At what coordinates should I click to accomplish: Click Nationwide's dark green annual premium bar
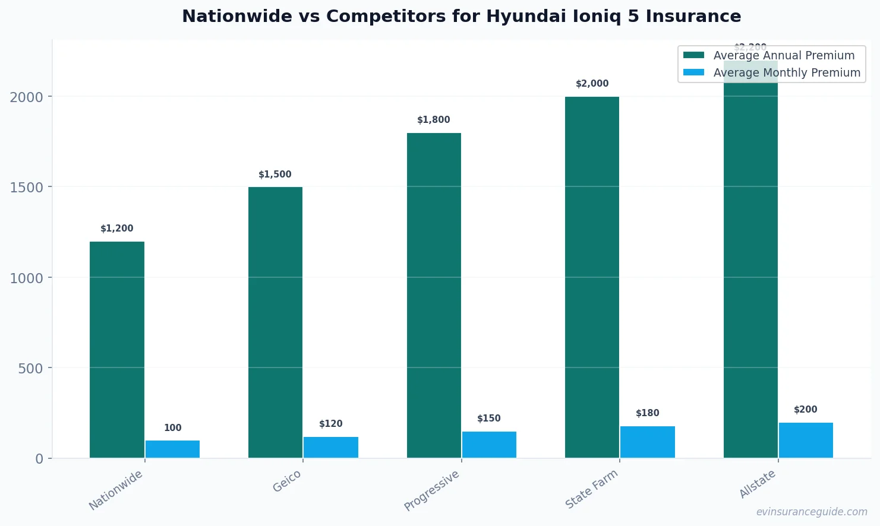pyautogui.click(x=117, y=350)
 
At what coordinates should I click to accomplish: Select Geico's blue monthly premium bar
pyautogui.click(x=330, y=447)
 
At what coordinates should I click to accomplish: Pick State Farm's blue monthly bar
pyautogui.click(x=647, y=442)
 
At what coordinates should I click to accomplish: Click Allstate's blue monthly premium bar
pyautogui.click(x=805, y=440)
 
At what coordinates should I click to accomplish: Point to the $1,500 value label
pyautogui.click(x=275, y=175)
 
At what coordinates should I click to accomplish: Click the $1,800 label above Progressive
pyautogui.click(x=433, y=120)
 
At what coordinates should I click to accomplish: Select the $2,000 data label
pyautogui.click(x=592, y=84)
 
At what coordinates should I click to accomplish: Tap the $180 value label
pyautogui.click(x=647, y=413)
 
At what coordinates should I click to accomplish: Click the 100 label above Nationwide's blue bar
pyautogui.click(x=172, y=428)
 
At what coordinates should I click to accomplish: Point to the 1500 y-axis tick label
pyautogui.click(x=26, y=188)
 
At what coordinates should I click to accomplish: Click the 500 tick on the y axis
pyautogui.click(x=30, y=369)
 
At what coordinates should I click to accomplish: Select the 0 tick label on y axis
pyautogui.click(x=39, y=459)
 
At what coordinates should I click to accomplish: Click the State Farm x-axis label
pyautogui.click(x=591, y=489)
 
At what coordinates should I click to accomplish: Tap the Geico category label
pyautogui.click(x=287, y=481)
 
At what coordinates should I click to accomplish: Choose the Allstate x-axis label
pyautogui.click(x=757, y=484)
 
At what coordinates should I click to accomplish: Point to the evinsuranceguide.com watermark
pyautogui.click(x=811, y=512)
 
